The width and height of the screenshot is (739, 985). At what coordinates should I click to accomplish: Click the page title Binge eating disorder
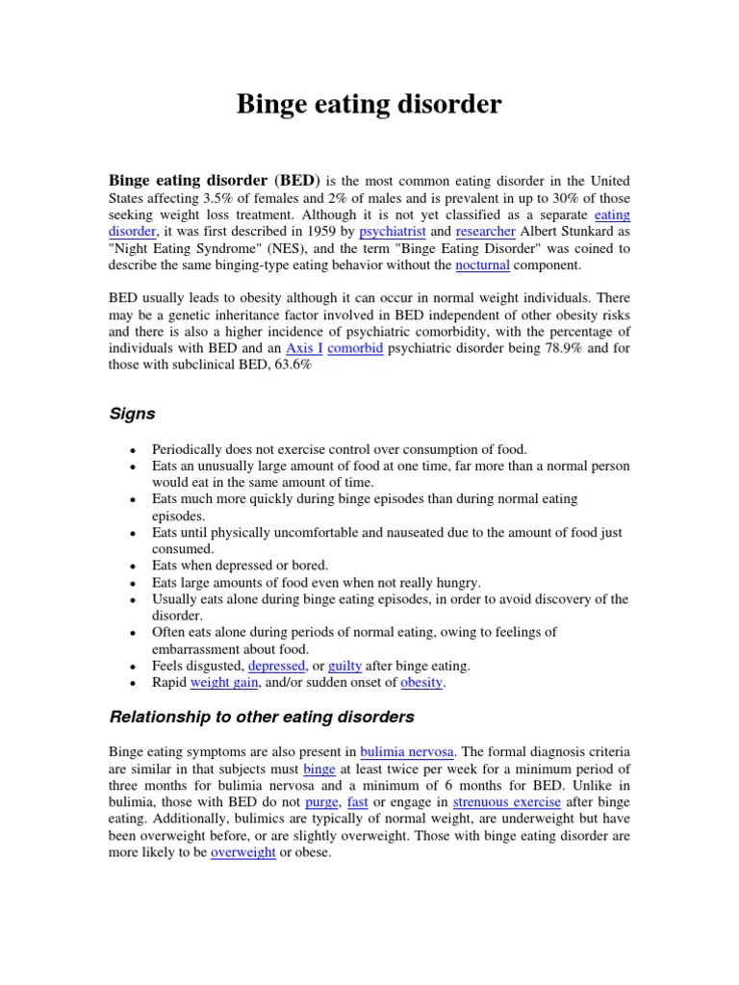(369, 104)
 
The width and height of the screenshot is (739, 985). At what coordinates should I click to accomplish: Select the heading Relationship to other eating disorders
(262, 717)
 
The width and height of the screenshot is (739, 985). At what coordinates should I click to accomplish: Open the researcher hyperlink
(486, 232)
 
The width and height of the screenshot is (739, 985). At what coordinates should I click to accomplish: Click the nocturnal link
(483, 265)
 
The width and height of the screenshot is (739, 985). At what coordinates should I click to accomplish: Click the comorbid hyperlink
(356, 348)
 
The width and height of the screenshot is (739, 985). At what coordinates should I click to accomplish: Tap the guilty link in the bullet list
(345, 666)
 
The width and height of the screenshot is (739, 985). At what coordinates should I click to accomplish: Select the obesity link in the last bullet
(421, 682)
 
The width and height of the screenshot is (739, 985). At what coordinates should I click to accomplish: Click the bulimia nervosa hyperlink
(403, 752)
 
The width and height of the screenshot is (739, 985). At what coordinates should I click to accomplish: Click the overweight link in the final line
(242, 852)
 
